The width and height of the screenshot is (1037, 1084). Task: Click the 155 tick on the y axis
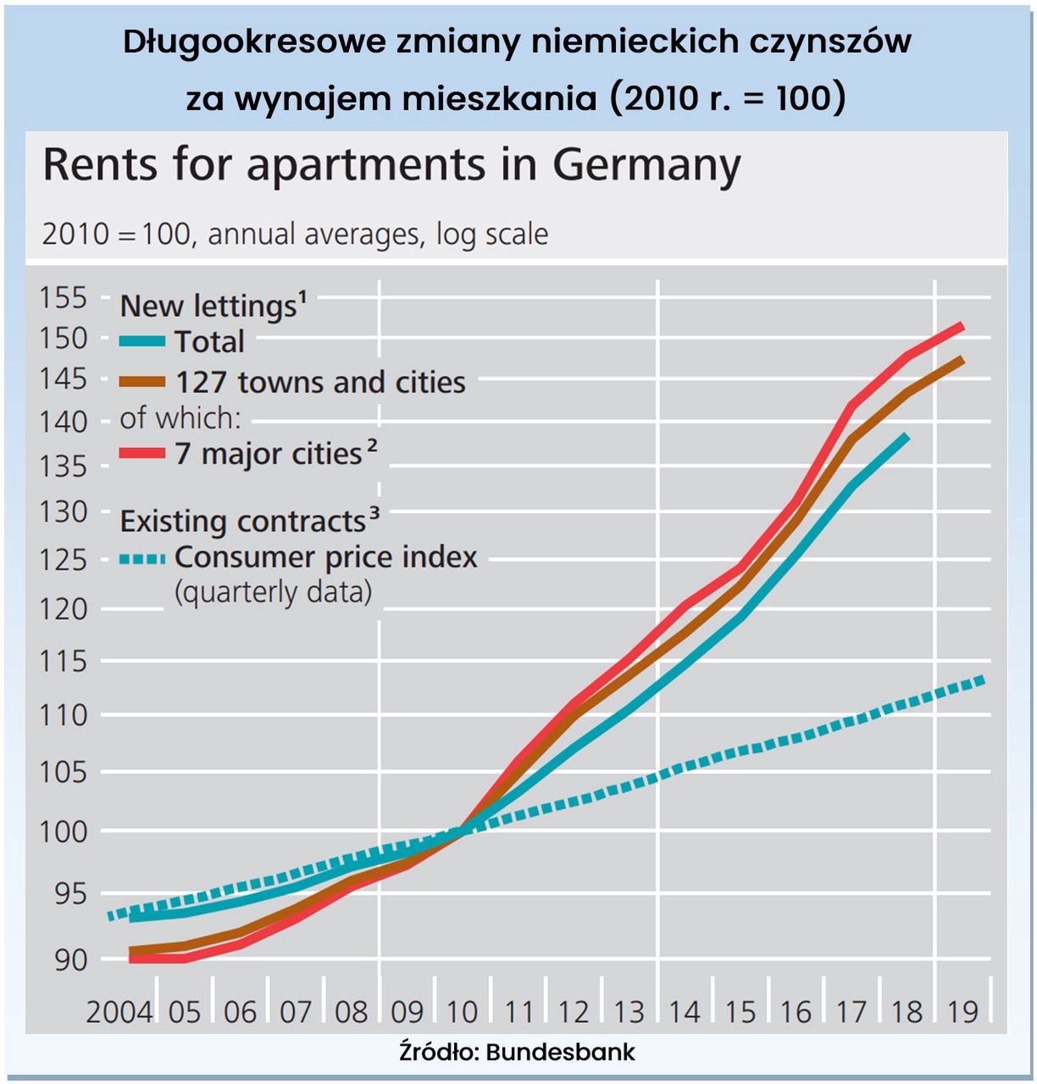click(x=64, y=297)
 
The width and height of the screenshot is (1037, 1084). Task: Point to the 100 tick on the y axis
click(x=64, y=831)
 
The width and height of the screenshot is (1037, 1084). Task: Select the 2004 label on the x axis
click(x=119, y=1011)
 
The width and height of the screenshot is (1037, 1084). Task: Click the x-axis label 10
click(x=463, y=1011)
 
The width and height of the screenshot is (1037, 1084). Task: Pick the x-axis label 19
click(x=963, y=1011)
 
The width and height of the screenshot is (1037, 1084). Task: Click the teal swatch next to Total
click(x=142, y=342)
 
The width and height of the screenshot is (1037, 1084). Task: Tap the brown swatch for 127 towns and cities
click(x=142, y=382)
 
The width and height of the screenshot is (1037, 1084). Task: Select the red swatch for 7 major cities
click(x=142, y=454)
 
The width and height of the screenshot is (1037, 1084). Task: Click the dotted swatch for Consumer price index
click(x=142, y=559)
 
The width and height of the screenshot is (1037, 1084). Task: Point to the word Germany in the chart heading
click(x=646, y=165)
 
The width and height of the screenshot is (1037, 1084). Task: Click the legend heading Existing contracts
click(x=243, y=522)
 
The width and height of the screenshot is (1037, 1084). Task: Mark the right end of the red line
click(x=962, y=326)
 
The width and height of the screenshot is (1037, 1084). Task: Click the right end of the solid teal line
click(x=907, y=437)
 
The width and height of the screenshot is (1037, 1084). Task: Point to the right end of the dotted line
click(x=983, y=679)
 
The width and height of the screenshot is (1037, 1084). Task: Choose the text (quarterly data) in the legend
click(x=273, y=592)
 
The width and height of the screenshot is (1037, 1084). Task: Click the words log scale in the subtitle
click(x=492, y=234)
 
